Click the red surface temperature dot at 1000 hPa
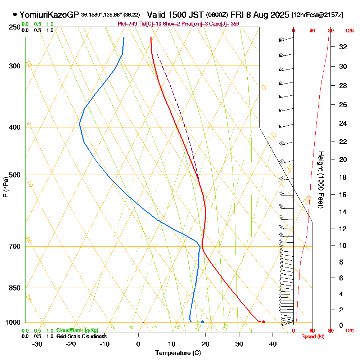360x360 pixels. pos(264,322)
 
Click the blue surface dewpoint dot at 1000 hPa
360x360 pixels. pos(202,322)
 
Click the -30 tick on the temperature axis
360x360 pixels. pos(37,344)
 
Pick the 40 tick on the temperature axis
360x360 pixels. pos(273,344)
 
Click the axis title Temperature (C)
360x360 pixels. pos(178,353)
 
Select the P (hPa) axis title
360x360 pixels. pos(5,187)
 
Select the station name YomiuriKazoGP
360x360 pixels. pos(49,15)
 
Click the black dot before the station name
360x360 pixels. pos(15,15)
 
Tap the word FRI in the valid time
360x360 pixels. pos(238,15)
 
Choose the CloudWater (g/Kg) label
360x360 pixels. pos(77,330)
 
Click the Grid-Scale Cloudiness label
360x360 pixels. pos(81,336)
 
